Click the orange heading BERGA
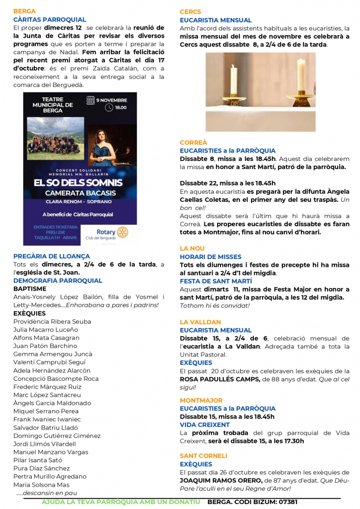click(24, 11)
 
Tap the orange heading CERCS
click(190, 11)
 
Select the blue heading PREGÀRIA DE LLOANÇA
click(51, 256)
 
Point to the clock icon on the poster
click(109, 107)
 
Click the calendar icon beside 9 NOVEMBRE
click(90, 100)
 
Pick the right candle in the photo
click(300, 76)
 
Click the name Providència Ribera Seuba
click(52, 322)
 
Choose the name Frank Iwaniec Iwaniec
click(47, 419)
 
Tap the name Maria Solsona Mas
click(41, 485)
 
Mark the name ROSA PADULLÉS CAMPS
click(219, 379)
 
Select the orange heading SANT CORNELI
click(203, 455)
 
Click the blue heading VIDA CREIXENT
click(205, 425)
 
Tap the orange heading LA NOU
click(192, 248)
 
